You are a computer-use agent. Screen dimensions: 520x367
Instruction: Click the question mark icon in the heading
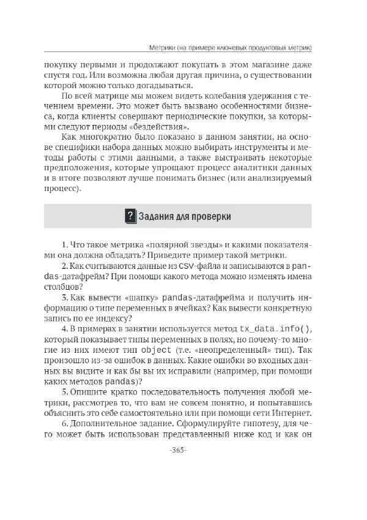click(x=130, y=216)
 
